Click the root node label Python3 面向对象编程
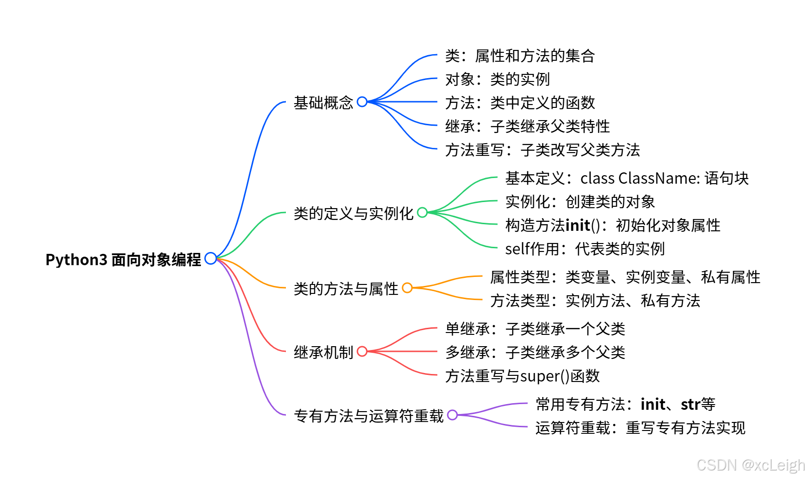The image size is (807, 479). (x=123, y=259)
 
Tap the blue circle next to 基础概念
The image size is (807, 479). (x=362, y=102)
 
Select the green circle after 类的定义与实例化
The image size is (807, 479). (x=422, y=212)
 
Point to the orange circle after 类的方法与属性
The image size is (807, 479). (x=407, y=288)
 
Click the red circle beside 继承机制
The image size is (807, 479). (x=362, y=351)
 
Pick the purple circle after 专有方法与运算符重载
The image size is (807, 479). (x=452, y=415)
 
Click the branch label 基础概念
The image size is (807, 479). (x=323, y=103)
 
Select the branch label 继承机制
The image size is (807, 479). (x=323, y=352)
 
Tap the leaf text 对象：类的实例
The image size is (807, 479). (x=497, y=79)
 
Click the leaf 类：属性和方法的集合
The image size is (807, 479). (x=520, y=56)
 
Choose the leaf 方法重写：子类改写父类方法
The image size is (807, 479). (x=542, y=150)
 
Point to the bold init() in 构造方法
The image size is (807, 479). (x=583, y=225)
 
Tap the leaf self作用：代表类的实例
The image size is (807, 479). (x=585, y=249)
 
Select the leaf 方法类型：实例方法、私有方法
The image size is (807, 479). (x=595, y=300)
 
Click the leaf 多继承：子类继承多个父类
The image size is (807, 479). (x=535, y=352)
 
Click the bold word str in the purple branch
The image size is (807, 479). (x=690, y=404)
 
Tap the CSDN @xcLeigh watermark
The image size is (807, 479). (x=751, y=465)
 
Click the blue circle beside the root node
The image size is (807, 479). (x=211, y=258)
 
